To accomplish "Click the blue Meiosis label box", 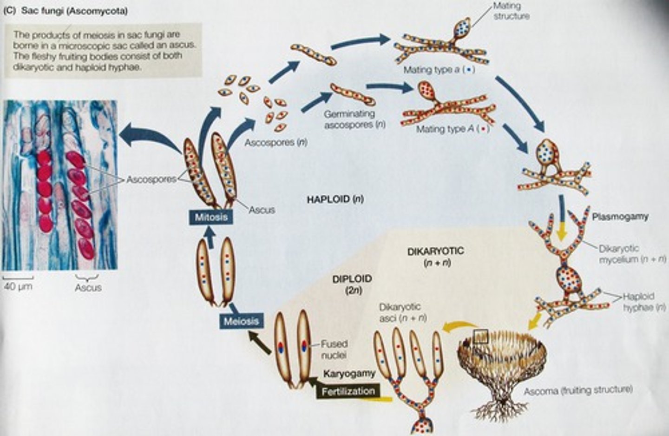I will [x=240, y=321].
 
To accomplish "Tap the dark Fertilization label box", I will [x=348, y=391].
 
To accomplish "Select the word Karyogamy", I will [x=349, y=373].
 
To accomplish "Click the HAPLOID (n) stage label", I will [x=335, y=199].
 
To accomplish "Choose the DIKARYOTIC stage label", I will [x=435, y=251].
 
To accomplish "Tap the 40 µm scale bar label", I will [x=18, y=286].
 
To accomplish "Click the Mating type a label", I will [x=439, y=70].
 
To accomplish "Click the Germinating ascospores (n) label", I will [x=355, y=119].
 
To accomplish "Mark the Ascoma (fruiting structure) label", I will [x=578, y=390].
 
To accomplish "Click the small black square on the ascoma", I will [x=480, y=337].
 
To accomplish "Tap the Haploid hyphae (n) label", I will [x=638, y=302].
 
